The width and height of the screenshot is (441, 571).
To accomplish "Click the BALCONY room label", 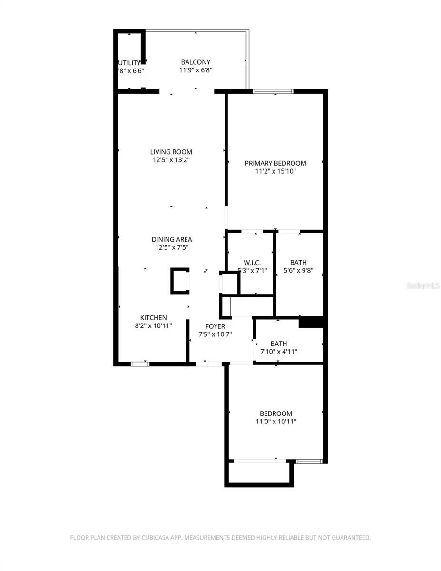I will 196,62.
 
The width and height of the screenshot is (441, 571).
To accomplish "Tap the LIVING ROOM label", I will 172,152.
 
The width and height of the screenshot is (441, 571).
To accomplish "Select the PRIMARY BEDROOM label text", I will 275,163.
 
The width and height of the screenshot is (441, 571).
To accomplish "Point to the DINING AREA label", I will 172,239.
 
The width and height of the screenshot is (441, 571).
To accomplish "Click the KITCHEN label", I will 153,318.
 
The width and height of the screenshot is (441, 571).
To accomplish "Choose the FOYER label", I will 215,326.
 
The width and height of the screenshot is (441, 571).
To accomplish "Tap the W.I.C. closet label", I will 252,263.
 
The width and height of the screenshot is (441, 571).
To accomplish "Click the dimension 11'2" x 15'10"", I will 275,171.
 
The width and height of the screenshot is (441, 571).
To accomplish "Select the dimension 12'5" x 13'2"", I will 172,160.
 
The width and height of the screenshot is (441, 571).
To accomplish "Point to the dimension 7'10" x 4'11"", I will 279,352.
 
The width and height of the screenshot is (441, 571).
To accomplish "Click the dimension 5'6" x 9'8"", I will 298,271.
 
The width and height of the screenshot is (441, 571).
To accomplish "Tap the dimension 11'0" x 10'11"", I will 276,422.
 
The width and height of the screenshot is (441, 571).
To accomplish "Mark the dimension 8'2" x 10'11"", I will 153,326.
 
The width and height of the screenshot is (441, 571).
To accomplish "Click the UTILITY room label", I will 129,63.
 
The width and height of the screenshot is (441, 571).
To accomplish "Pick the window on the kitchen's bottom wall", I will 140,364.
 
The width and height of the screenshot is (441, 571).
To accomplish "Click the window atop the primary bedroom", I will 273,91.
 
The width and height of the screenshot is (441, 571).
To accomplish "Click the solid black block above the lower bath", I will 311,323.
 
